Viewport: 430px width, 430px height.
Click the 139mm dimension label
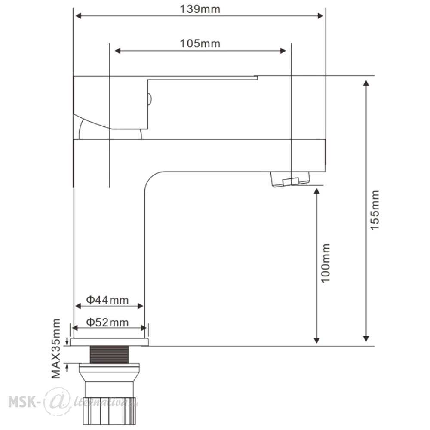[200, 9]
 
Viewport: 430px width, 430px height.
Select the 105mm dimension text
[200, 43]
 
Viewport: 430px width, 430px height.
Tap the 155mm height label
[375, 210]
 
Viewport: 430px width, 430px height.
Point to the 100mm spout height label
[326, 263]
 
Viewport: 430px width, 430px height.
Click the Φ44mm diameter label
[107, 300]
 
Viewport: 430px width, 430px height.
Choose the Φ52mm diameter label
[107, 322]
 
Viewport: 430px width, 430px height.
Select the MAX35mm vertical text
[56, 349]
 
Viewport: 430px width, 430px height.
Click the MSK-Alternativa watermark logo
[73, 402]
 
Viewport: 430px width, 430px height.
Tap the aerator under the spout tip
[290, 179]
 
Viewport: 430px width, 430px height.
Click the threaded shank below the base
[109, 355]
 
